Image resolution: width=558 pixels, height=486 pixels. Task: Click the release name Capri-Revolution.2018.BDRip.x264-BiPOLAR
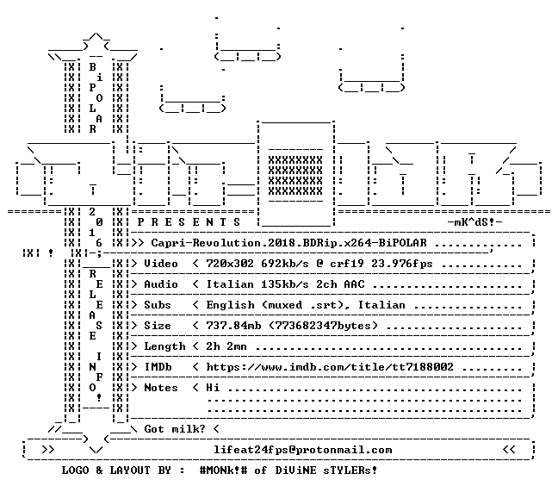coord(289,243)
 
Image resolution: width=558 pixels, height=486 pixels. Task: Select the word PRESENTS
coord(189,222)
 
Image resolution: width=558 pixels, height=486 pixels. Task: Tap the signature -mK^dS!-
coord(474,222)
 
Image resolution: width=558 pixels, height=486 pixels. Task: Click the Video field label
coord(161,264)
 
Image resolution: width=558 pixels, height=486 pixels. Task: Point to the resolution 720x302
coord(230,264)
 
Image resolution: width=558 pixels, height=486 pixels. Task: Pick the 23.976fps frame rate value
coord(402,264)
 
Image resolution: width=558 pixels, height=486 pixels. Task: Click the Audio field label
coord(161,284)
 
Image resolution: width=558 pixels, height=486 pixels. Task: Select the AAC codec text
coord(355,284)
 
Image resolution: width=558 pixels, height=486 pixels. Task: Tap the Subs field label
coord(158,305)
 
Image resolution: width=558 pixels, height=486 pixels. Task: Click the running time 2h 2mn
coord(226,346)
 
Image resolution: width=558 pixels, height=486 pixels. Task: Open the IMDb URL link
coord(330,367)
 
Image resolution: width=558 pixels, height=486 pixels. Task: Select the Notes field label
coord(161,388)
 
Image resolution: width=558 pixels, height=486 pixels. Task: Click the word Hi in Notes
coord(213,388)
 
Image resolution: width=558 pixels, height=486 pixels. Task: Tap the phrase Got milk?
coord(175,428)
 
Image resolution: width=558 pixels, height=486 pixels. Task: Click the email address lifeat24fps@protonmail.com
coord(303,450)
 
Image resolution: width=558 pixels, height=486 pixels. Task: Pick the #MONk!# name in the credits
coord(224,470)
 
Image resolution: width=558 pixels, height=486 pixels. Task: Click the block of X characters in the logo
coord(295,176)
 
